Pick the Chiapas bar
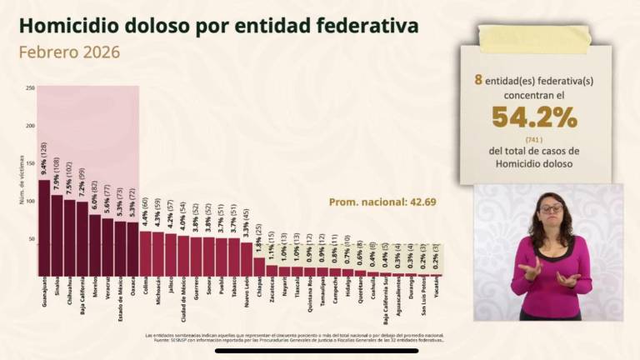tap(259, 266)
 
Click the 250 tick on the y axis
tap(30, 87)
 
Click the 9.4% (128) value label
tap(43, 158)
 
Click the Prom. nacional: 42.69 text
tap(382, 202)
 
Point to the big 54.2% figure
tap(534, 117)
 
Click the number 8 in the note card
tap(478, 80)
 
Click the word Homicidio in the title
tap(74, 26)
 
